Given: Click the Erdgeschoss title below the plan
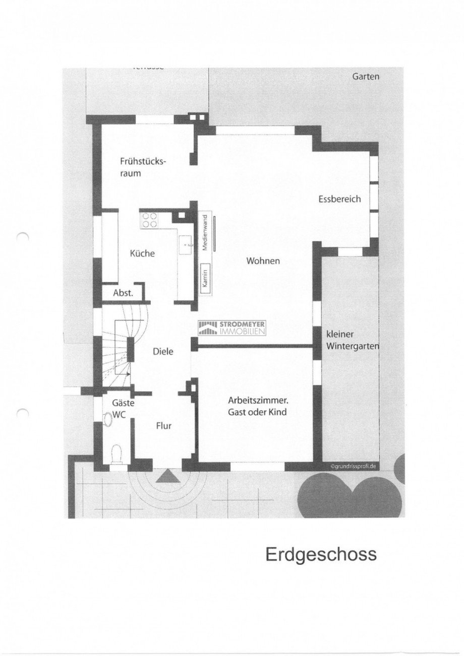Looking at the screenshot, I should click(x=321, y=554).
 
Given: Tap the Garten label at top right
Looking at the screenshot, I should click(x=366, y=77).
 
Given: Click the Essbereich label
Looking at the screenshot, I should click(x=339, y=199).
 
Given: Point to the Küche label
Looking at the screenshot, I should click(x=142, y=253).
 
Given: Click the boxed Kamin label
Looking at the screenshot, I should click(x=205, y=277).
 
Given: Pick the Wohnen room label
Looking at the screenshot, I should click(x=263, y=260).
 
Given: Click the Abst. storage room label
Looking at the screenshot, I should click(x=123, y=293).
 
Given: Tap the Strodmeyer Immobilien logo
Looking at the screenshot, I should click(x=234, y=327).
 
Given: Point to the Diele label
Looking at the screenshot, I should click(x=163, y=352).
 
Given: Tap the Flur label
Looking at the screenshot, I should click(x=163, y=426).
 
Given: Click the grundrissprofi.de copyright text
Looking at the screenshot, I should click(x=354, y=467).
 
